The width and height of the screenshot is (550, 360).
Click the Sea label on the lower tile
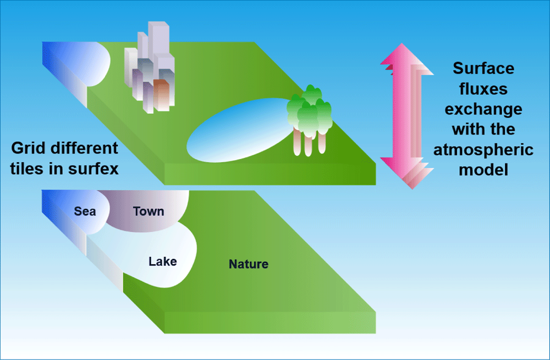point(85,211)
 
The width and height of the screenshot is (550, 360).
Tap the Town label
point(148,211)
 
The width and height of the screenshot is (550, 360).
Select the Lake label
point(163,262)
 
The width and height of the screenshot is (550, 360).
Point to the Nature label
point(248,264)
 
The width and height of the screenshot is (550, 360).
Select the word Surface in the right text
point(484,68)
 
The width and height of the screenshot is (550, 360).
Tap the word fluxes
point(484,88)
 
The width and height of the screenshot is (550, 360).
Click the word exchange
point(484,109)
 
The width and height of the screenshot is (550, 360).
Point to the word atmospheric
point(484,150)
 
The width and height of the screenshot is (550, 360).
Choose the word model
point(484,170)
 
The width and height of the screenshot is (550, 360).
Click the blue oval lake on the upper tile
point(239,130)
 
